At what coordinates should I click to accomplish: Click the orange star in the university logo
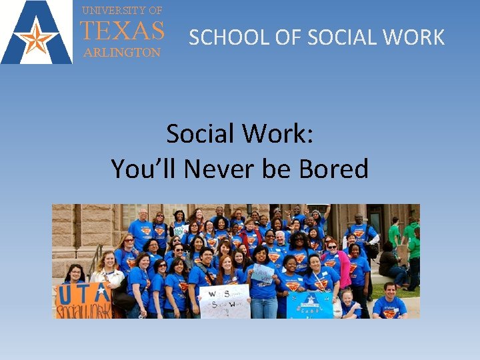pyautogui.click(x=37, y=39)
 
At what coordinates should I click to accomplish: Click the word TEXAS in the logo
pyautogui.click(x=122, y=31)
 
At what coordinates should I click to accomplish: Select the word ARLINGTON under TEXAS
pyautogui.click(x=121, y=52)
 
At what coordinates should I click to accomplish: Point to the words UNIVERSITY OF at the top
pyautogui.click(x=122, y=10)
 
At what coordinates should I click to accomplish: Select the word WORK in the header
pyautogui.click(x=416, y=37)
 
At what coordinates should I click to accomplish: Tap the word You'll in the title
pyautogui.click(x=144, y=169)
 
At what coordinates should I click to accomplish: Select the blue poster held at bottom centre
pyautogui.click(x=310, y=303)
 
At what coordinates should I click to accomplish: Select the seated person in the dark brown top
pyautogui.click(x=389, y=264)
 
